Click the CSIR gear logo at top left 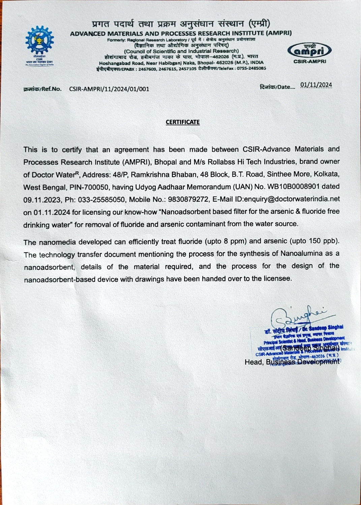pos(39,40)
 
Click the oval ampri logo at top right pos(309,51)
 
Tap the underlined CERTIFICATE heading pos(182,122)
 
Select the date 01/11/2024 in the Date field pos(316,85)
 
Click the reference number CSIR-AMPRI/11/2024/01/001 pos(109,89)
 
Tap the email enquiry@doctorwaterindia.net pos(292,199)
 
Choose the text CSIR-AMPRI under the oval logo pos(309,62)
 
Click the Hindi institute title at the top pos(181,24)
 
